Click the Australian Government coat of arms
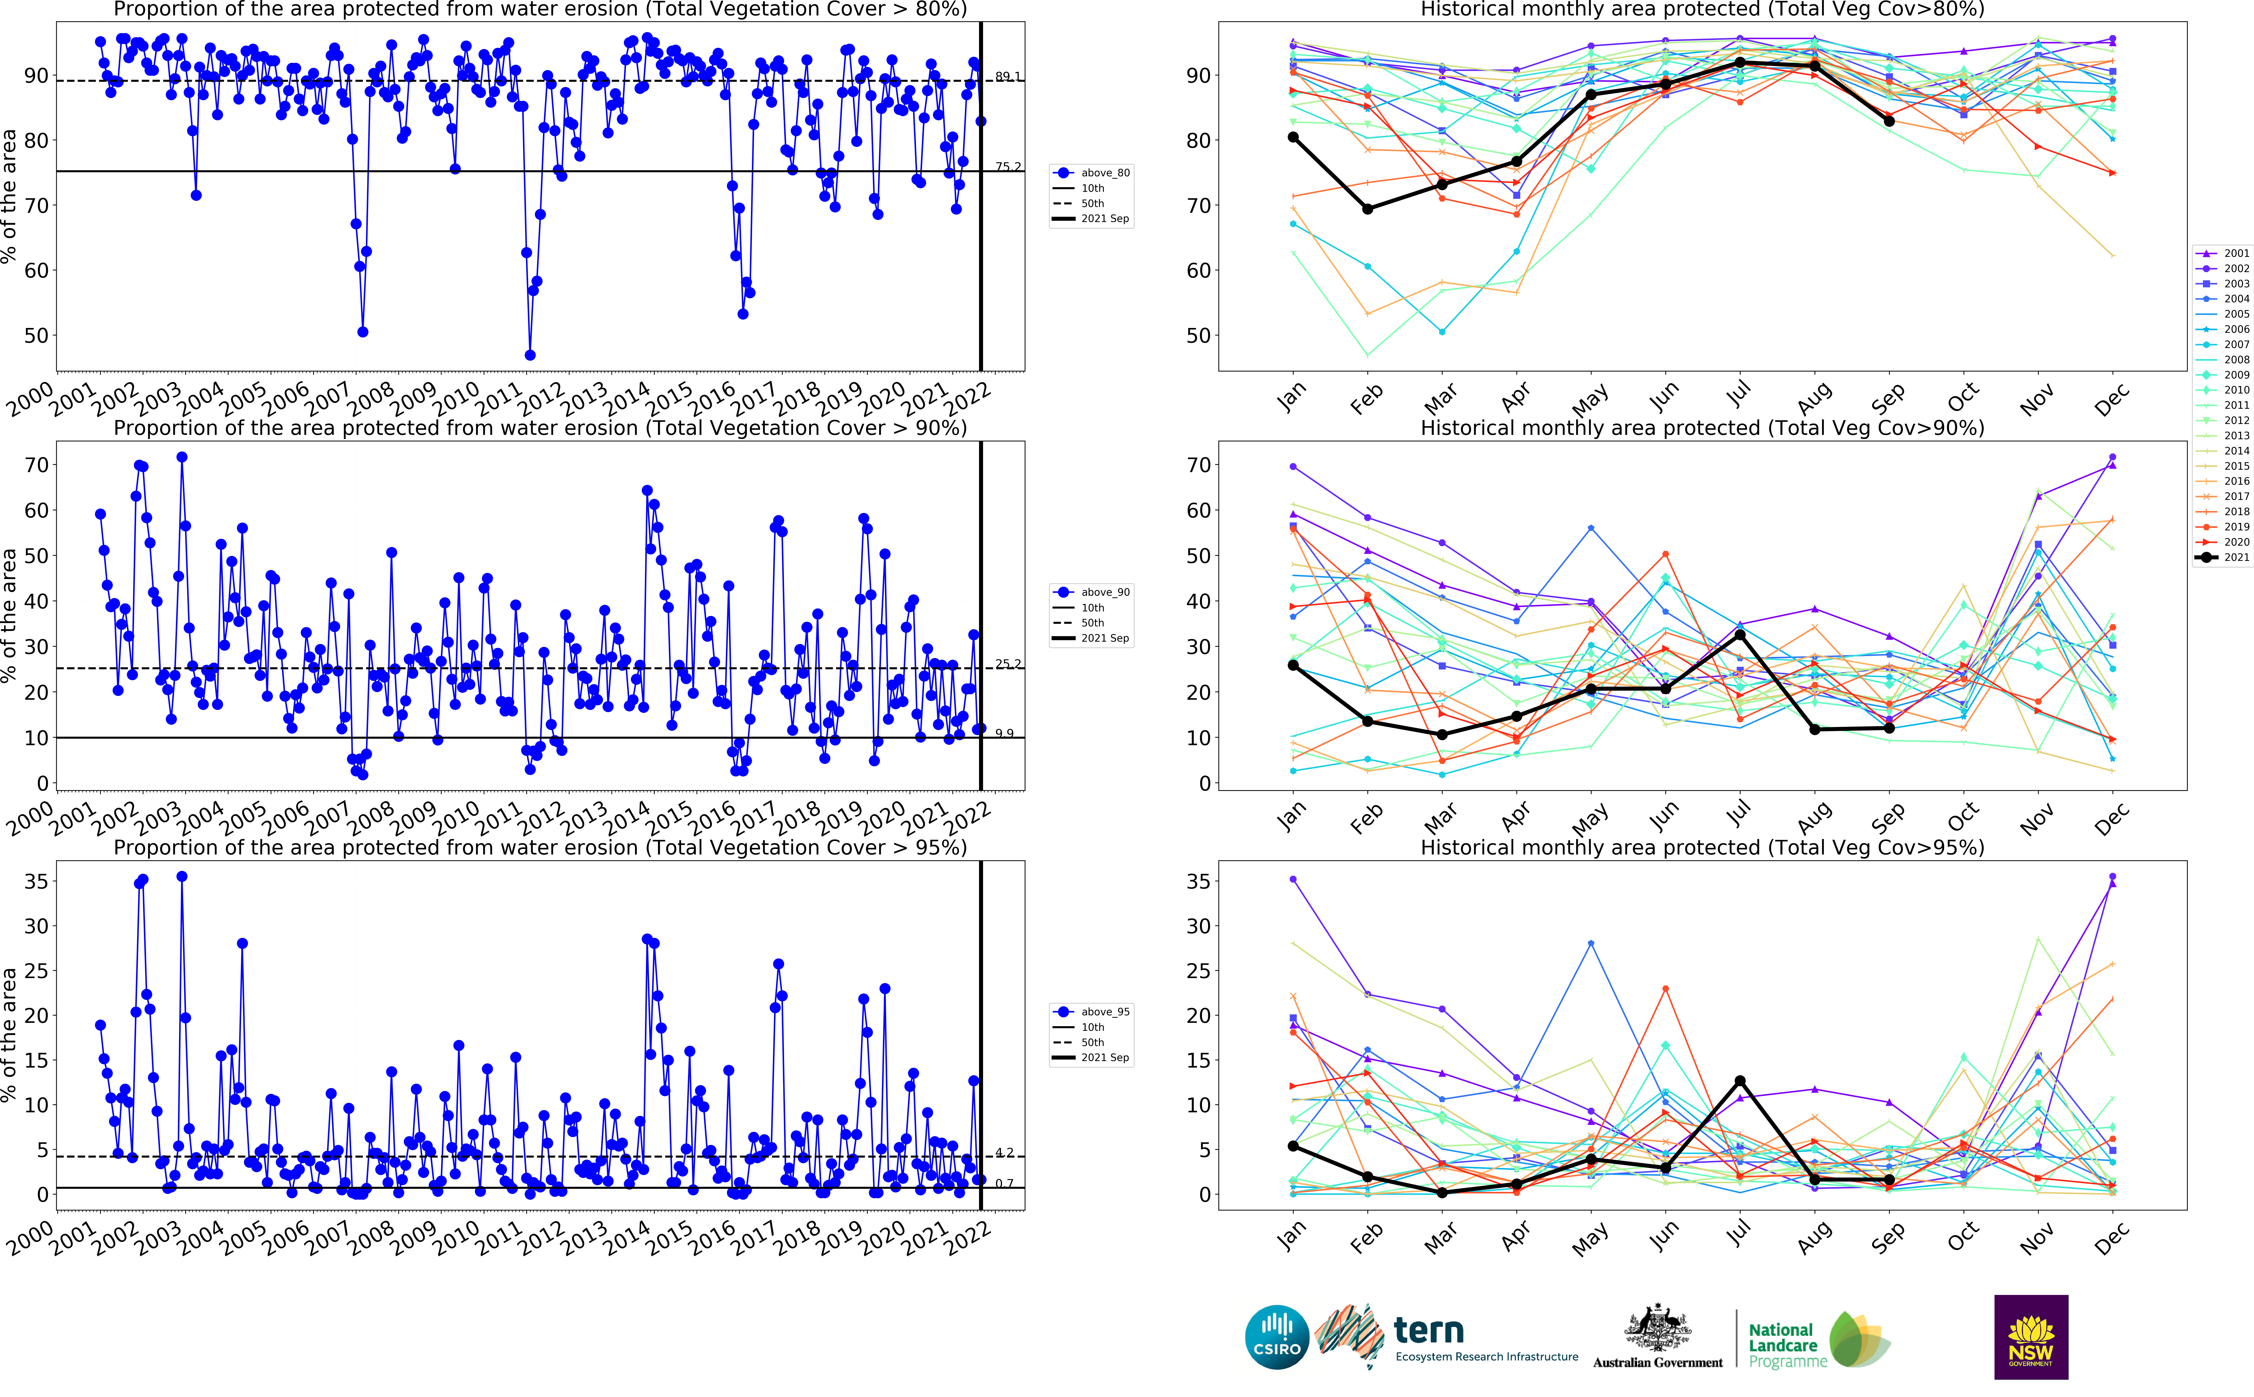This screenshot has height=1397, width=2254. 1658,1330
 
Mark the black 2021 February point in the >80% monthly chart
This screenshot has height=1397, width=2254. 1367,209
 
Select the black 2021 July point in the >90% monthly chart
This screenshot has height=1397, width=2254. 1739,635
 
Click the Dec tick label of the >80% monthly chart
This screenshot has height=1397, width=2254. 2111,400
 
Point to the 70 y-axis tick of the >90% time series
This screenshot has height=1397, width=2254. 37,465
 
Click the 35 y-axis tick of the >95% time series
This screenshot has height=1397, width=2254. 37,881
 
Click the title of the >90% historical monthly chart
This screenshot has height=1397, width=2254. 1702,428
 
